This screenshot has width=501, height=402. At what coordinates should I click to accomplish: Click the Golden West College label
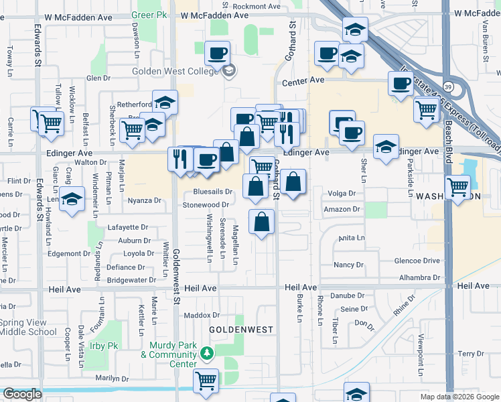point(176,70)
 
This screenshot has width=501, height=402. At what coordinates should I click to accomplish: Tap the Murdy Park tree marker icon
point(208,352)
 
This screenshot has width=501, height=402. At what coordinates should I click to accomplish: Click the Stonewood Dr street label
point(206,204)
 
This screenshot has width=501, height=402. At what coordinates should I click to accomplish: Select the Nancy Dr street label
point(348,265)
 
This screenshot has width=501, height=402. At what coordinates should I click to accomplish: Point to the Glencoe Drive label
point(417,261)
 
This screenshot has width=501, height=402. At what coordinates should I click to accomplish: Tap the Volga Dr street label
point(342,194)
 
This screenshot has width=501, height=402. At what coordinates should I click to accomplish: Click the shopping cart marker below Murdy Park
point(206,380)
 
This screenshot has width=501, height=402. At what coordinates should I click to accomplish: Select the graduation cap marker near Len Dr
point(72,199)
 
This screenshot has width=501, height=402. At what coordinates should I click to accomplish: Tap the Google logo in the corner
point(22,394)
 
